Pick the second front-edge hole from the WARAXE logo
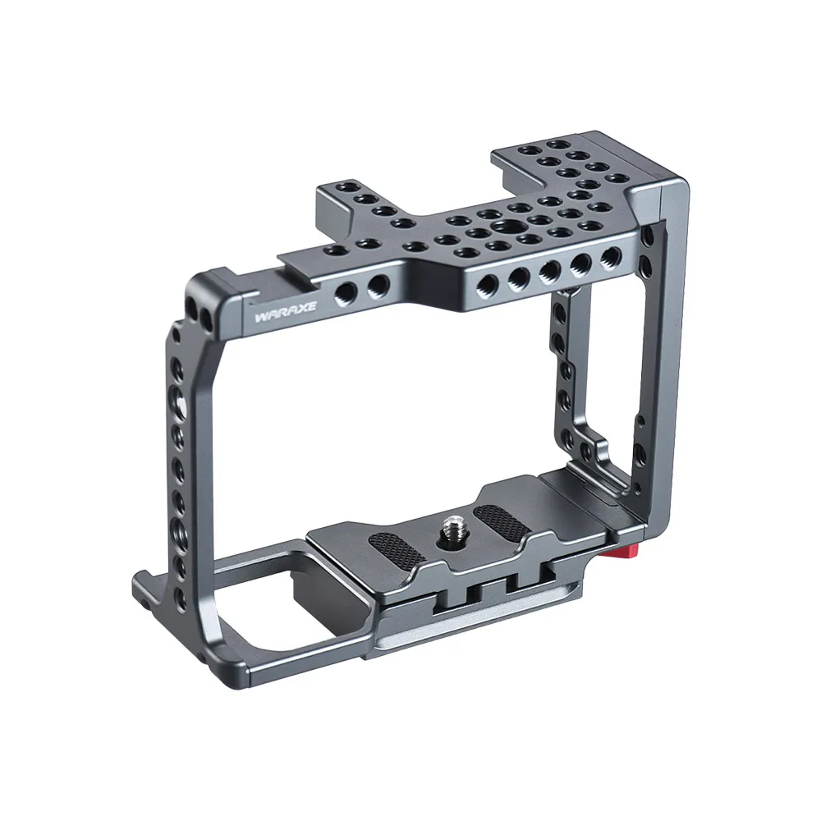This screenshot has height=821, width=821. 378,285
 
